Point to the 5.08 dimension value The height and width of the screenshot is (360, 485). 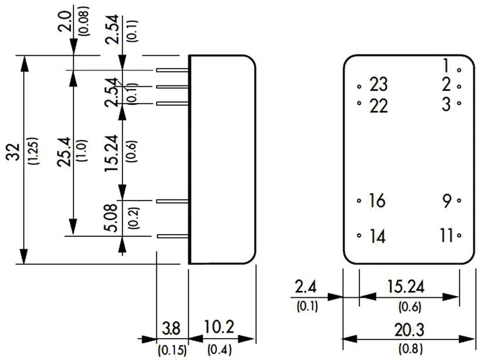tap(110, 218)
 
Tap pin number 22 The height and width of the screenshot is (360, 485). tap(377, 105)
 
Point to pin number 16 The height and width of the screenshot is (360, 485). tap(376, 201)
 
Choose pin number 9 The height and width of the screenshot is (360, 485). tap(447, 201)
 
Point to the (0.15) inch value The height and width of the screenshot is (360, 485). tap(171, 350)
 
